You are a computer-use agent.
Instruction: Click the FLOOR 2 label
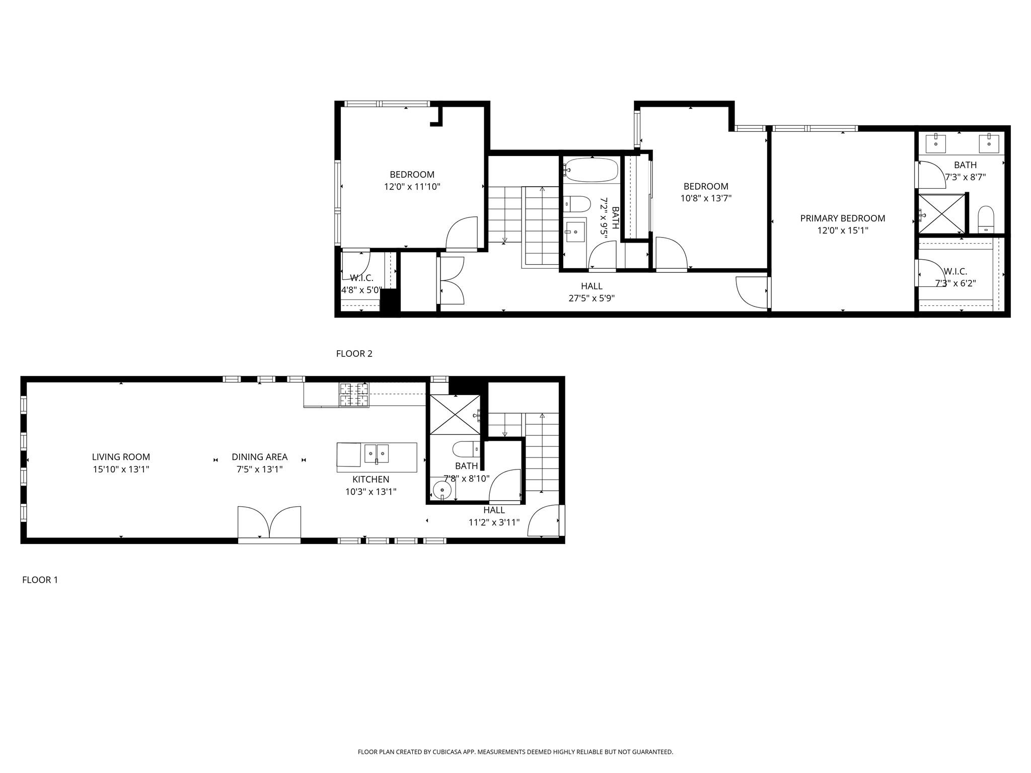click(354, 354)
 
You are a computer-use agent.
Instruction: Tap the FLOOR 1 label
click(40, 580)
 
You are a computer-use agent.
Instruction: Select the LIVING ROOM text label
click(121, 457)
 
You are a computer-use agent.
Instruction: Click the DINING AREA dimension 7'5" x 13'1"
click(259, 470)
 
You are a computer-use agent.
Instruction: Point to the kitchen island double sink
click(377, 453)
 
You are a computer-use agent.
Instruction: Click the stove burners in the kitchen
click(354, 395)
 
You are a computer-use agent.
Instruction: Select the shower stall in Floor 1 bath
click(454, 414)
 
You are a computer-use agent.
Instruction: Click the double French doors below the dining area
click(269, 523)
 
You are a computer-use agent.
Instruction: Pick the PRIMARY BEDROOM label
click(842, 218)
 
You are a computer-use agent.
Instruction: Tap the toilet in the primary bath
click(986, 219)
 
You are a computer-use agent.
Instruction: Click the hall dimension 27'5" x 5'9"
click(592, 298)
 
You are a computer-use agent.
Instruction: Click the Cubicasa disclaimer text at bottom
click(515, 752)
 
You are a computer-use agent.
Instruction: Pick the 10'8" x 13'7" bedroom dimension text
click(706, 199)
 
